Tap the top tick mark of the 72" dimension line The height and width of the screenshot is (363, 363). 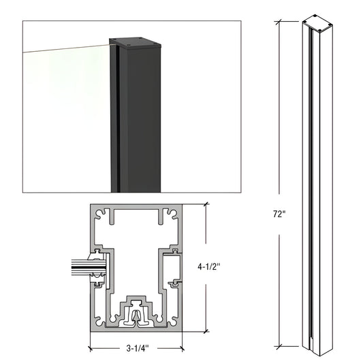coord(281,17)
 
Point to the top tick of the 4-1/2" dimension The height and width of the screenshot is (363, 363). coord(206,204)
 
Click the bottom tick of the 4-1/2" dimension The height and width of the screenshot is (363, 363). coord(206,332)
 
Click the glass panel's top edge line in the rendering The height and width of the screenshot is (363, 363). coord(65,48)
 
